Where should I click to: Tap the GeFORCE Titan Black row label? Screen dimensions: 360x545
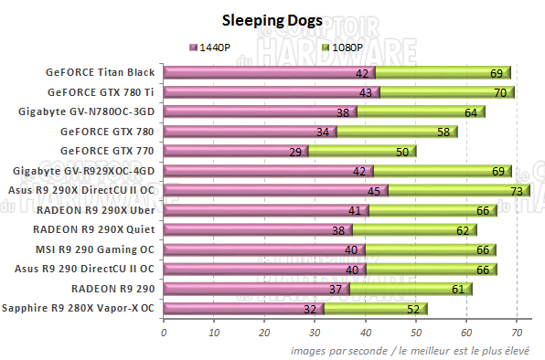click(101, 72)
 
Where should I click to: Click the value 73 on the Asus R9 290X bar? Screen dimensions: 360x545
click(517, 190)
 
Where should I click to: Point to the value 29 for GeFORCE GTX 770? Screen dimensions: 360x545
click(295, 151)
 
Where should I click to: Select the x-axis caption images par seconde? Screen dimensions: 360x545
click(416, 351)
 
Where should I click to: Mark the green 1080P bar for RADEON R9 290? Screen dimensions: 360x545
click(402, 289)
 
